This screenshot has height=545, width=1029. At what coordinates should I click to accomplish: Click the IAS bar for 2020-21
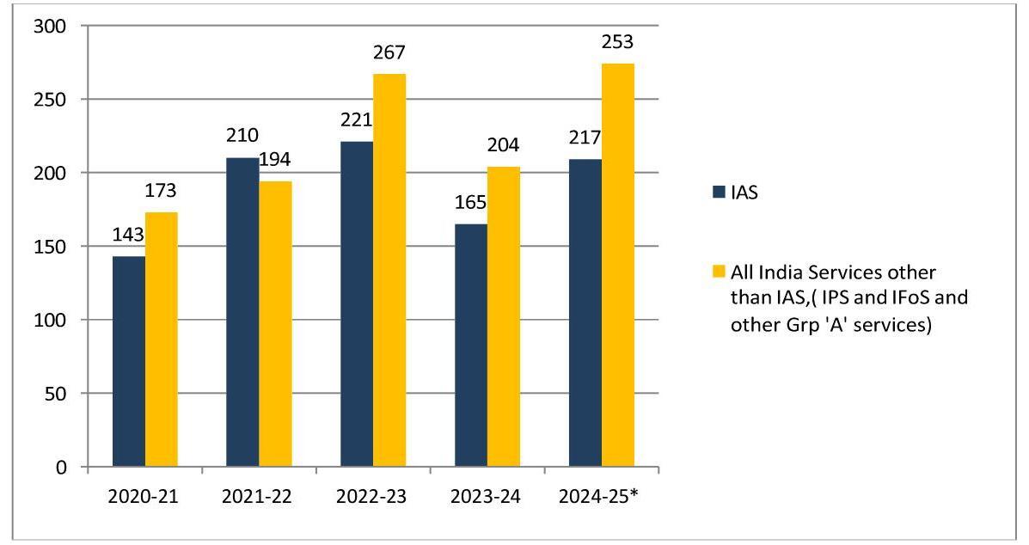point(128,361)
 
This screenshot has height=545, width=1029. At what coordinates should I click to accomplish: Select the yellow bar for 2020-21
point(161,340)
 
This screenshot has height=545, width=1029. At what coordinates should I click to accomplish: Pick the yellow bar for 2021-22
point(275,324)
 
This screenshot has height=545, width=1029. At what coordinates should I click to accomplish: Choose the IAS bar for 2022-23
point(357,304)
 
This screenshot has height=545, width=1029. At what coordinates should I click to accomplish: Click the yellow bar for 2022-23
point(389,270)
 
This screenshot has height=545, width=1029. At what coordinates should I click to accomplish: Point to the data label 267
point(389,53)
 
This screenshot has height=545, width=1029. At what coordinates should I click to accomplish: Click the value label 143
point(129,235)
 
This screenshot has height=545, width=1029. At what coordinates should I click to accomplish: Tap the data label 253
point(617,42)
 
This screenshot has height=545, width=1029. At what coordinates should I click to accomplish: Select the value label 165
point(469,203)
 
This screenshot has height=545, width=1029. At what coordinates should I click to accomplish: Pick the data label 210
point(242,136)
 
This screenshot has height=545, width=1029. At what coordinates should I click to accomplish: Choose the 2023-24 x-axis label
point(487,497)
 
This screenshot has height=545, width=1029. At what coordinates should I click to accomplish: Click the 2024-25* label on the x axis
point(603,497)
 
